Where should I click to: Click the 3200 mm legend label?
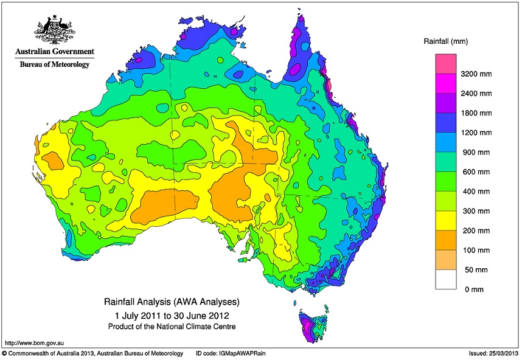[478, 74]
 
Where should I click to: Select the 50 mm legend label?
[476, 269]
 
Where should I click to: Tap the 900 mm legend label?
[476, 152]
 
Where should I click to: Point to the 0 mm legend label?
[475, 289]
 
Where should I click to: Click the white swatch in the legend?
[445, 279]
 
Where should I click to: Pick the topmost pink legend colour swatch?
[445, 64]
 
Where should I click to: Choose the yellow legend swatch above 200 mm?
[445, 221]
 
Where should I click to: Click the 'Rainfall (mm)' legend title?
[445, 41]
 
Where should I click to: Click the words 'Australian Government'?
[55, 52]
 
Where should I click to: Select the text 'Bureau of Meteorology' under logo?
[55, 64]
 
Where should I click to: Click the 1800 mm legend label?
[478, 113]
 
